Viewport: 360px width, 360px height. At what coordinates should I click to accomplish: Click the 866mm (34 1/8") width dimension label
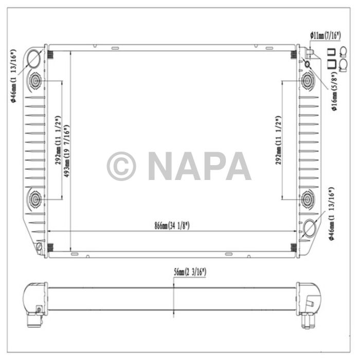click(172, 226)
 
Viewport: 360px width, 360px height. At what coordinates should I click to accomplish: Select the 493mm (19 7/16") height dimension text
click(67, 150)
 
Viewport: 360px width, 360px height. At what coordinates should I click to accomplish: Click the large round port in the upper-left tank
click(34, 59)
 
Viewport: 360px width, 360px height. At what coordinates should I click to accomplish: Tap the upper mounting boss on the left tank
click(37, 80)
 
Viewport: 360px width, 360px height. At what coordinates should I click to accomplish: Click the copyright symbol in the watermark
click(121, 166)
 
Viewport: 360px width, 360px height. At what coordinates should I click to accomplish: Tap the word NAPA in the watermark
click(200, 166)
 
